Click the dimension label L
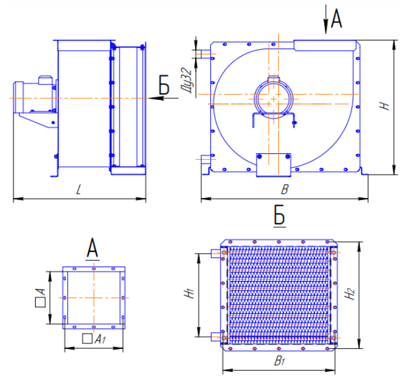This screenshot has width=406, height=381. (79, 190)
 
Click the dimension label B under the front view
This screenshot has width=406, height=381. (285, 190)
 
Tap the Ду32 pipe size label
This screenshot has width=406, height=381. (187, 81)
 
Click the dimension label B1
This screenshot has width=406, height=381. (280, 360)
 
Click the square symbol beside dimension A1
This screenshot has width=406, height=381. (87, 339)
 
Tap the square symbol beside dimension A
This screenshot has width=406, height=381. (40, 302)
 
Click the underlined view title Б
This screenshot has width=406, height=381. (279, 216)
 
